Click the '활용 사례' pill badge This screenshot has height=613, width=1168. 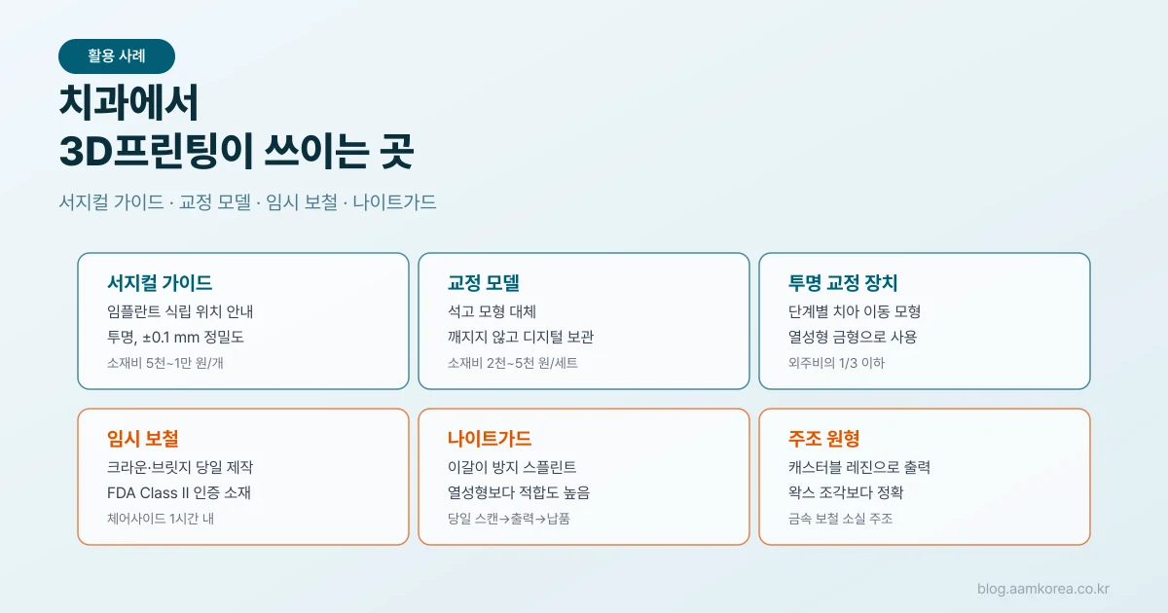117,56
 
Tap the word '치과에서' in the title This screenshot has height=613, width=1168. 128,103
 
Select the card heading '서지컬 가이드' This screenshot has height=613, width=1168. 160,283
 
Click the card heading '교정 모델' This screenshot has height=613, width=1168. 484,283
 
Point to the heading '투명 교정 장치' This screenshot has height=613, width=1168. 843,283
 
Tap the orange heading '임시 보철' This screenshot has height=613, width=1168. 143,439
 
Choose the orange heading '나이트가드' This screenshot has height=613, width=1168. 489,439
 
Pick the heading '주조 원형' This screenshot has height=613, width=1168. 823,439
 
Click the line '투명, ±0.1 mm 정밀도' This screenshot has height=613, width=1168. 175,338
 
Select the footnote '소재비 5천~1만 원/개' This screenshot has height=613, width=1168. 165,363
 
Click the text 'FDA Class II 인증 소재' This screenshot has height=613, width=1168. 179,492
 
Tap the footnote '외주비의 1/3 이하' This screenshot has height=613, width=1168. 836,363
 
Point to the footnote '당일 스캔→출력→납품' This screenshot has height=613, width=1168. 509,519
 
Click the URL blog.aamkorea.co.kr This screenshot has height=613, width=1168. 1043,589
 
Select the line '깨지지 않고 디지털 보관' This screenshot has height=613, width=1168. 521,338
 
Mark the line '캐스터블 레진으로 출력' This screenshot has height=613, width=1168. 859,467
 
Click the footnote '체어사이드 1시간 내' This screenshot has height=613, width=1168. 161,519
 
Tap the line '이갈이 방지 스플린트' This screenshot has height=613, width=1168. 512,467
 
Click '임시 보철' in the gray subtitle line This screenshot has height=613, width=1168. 302,202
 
